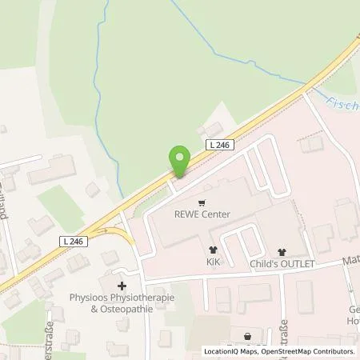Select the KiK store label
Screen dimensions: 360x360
tap(212, 262)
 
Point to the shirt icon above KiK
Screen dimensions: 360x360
tap(212, 250)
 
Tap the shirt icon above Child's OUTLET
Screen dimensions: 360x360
tap(281, 251)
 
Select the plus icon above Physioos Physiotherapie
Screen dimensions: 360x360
tap(122, 286)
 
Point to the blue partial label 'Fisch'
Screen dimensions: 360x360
tap(342, 102)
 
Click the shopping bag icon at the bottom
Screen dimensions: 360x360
tap(247, 337)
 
